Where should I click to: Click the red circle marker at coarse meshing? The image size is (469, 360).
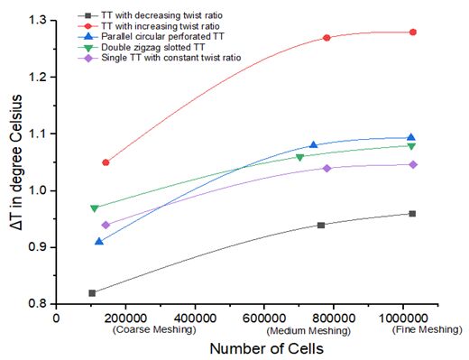pos(106,162)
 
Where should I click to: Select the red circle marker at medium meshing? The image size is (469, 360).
pos(326,38)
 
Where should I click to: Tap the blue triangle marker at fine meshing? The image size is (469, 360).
pos(411,137)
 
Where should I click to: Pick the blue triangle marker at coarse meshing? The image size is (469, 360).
pos(99,241)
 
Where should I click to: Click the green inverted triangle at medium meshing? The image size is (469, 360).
pos(299,157)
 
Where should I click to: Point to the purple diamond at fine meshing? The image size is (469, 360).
pos(413,164)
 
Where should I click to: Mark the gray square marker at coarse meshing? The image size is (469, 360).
pos(92,293)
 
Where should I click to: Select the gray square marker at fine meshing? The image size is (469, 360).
pos(412,214)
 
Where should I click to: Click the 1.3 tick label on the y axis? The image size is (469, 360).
pos(39,21)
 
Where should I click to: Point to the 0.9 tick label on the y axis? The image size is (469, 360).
pos(39,247)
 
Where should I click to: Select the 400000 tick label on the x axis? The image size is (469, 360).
pos(195,318)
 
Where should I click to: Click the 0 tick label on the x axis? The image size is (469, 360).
pos(56,318)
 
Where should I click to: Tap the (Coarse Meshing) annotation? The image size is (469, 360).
pos(154,329)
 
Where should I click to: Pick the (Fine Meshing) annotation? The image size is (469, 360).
pos(427,329)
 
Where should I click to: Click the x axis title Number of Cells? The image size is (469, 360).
pos(267,349)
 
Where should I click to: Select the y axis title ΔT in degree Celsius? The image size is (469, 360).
pos(15,162)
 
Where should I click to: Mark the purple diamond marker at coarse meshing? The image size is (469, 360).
pos(106,225)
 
